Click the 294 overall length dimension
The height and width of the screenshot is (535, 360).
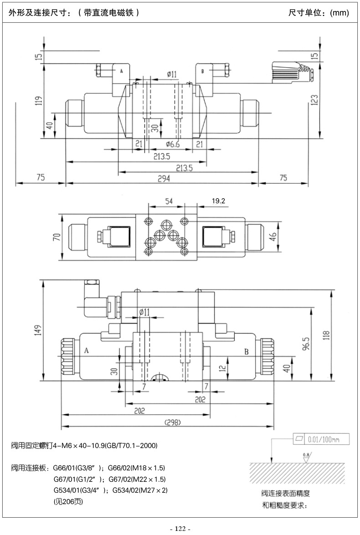click(x=164, y=178)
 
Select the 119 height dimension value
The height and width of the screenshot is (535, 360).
click(x=39, y=101)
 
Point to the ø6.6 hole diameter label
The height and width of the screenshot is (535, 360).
click(x=173, y=144)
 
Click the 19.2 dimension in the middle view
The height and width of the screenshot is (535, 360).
click(x=218, y=201)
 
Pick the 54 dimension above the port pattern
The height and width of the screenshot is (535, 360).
click(x=169, y=201)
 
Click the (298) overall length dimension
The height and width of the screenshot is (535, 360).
click(x=172, y=422)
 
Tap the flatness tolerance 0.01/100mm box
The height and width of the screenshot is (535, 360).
click(x=321, y=439)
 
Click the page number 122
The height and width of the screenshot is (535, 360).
click(x=180, y=529)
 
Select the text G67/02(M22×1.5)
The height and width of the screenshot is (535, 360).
click(x=137, y=479)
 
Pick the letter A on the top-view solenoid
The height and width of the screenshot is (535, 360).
click(x=121, y=71)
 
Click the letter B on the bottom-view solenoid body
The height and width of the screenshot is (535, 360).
click(x=247, y=352)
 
